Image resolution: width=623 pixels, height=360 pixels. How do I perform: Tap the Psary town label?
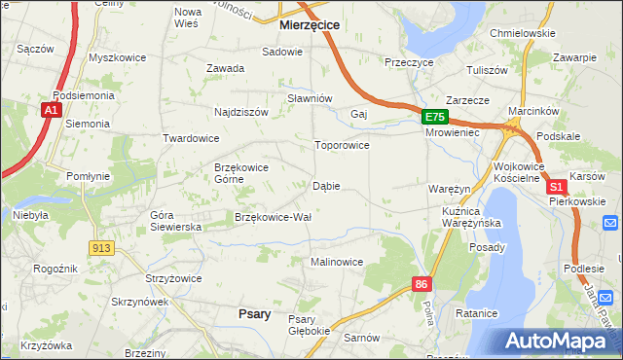tap(254, 313)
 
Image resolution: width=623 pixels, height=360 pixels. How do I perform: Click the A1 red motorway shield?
tap(51, 112)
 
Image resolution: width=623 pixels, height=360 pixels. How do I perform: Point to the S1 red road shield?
tap(556, 186)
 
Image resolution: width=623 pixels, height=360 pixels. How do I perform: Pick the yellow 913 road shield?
tap(99, 249)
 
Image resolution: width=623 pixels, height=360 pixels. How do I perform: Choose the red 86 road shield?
tap(421, 284)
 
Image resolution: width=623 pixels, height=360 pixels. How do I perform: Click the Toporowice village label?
tap(341, 146)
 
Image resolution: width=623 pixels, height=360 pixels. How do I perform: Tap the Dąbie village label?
tap(326, 186)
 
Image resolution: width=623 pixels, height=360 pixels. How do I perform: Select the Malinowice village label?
tap(337, 262)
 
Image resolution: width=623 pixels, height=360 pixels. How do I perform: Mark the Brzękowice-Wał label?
tap(273, 217)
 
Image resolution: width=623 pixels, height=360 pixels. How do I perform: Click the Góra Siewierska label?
tap(175, 220)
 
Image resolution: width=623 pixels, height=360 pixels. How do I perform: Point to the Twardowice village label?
tap(191, 138)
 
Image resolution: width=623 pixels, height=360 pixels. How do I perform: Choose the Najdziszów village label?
tap(240, 112)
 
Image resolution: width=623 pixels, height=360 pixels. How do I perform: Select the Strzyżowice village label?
tap(173, 278)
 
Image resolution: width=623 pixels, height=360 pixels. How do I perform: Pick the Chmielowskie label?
tap(523, 33)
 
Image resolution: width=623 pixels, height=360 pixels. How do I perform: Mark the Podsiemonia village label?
tap(85, 96)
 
